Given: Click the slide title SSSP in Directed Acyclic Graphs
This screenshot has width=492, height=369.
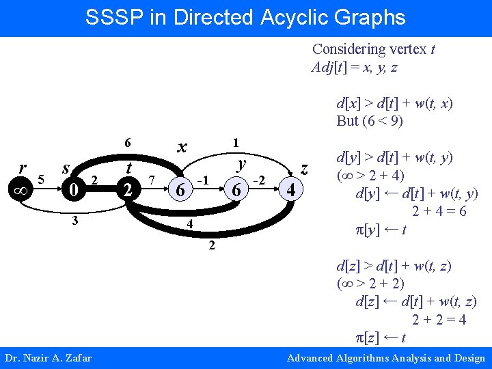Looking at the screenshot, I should [x=245, y=17].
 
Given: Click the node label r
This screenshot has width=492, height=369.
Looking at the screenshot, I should [x=23, y=168].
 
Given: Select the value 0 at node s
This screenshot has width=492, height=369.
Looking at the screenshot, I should [x=69, y=189].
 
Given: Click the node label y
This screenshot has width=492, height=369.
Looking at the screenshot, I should [x=240, y=164].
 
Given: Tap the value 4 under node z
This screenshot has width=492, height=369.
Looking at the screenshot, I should [x=292, y=189].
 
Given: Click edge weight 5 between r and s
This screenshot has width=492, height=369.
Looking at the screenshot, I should [x=42, y=180].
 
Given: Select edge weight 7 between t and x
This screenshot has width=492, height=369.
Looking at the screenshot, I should [x=152, y=180].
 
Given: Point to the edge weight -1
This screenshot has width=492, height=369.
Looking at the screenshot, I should [x=202, y=180].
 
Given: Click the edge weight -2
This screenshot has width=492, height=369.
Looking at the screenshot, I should [x=258, y=180].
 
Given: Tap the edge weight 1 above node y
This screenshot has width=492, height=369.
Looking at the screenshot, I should [x=235, y=143].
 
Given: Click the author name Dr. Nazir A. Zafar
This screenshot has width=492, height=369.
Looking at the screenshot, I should [x=48, y=358].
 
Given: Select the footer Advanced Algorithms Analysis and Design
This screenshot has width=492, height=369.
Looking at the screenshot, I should [x=386, y=358].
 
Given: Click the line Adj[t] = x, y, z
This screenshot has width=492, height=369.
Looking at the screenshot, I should [x=354, y=67].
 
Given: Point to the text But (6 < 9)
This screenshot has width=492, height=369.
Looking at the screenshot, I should [x=370, y=121].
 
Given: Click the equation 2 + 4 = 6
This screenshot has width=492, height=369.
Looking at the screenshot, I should [x=439, y=212].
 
